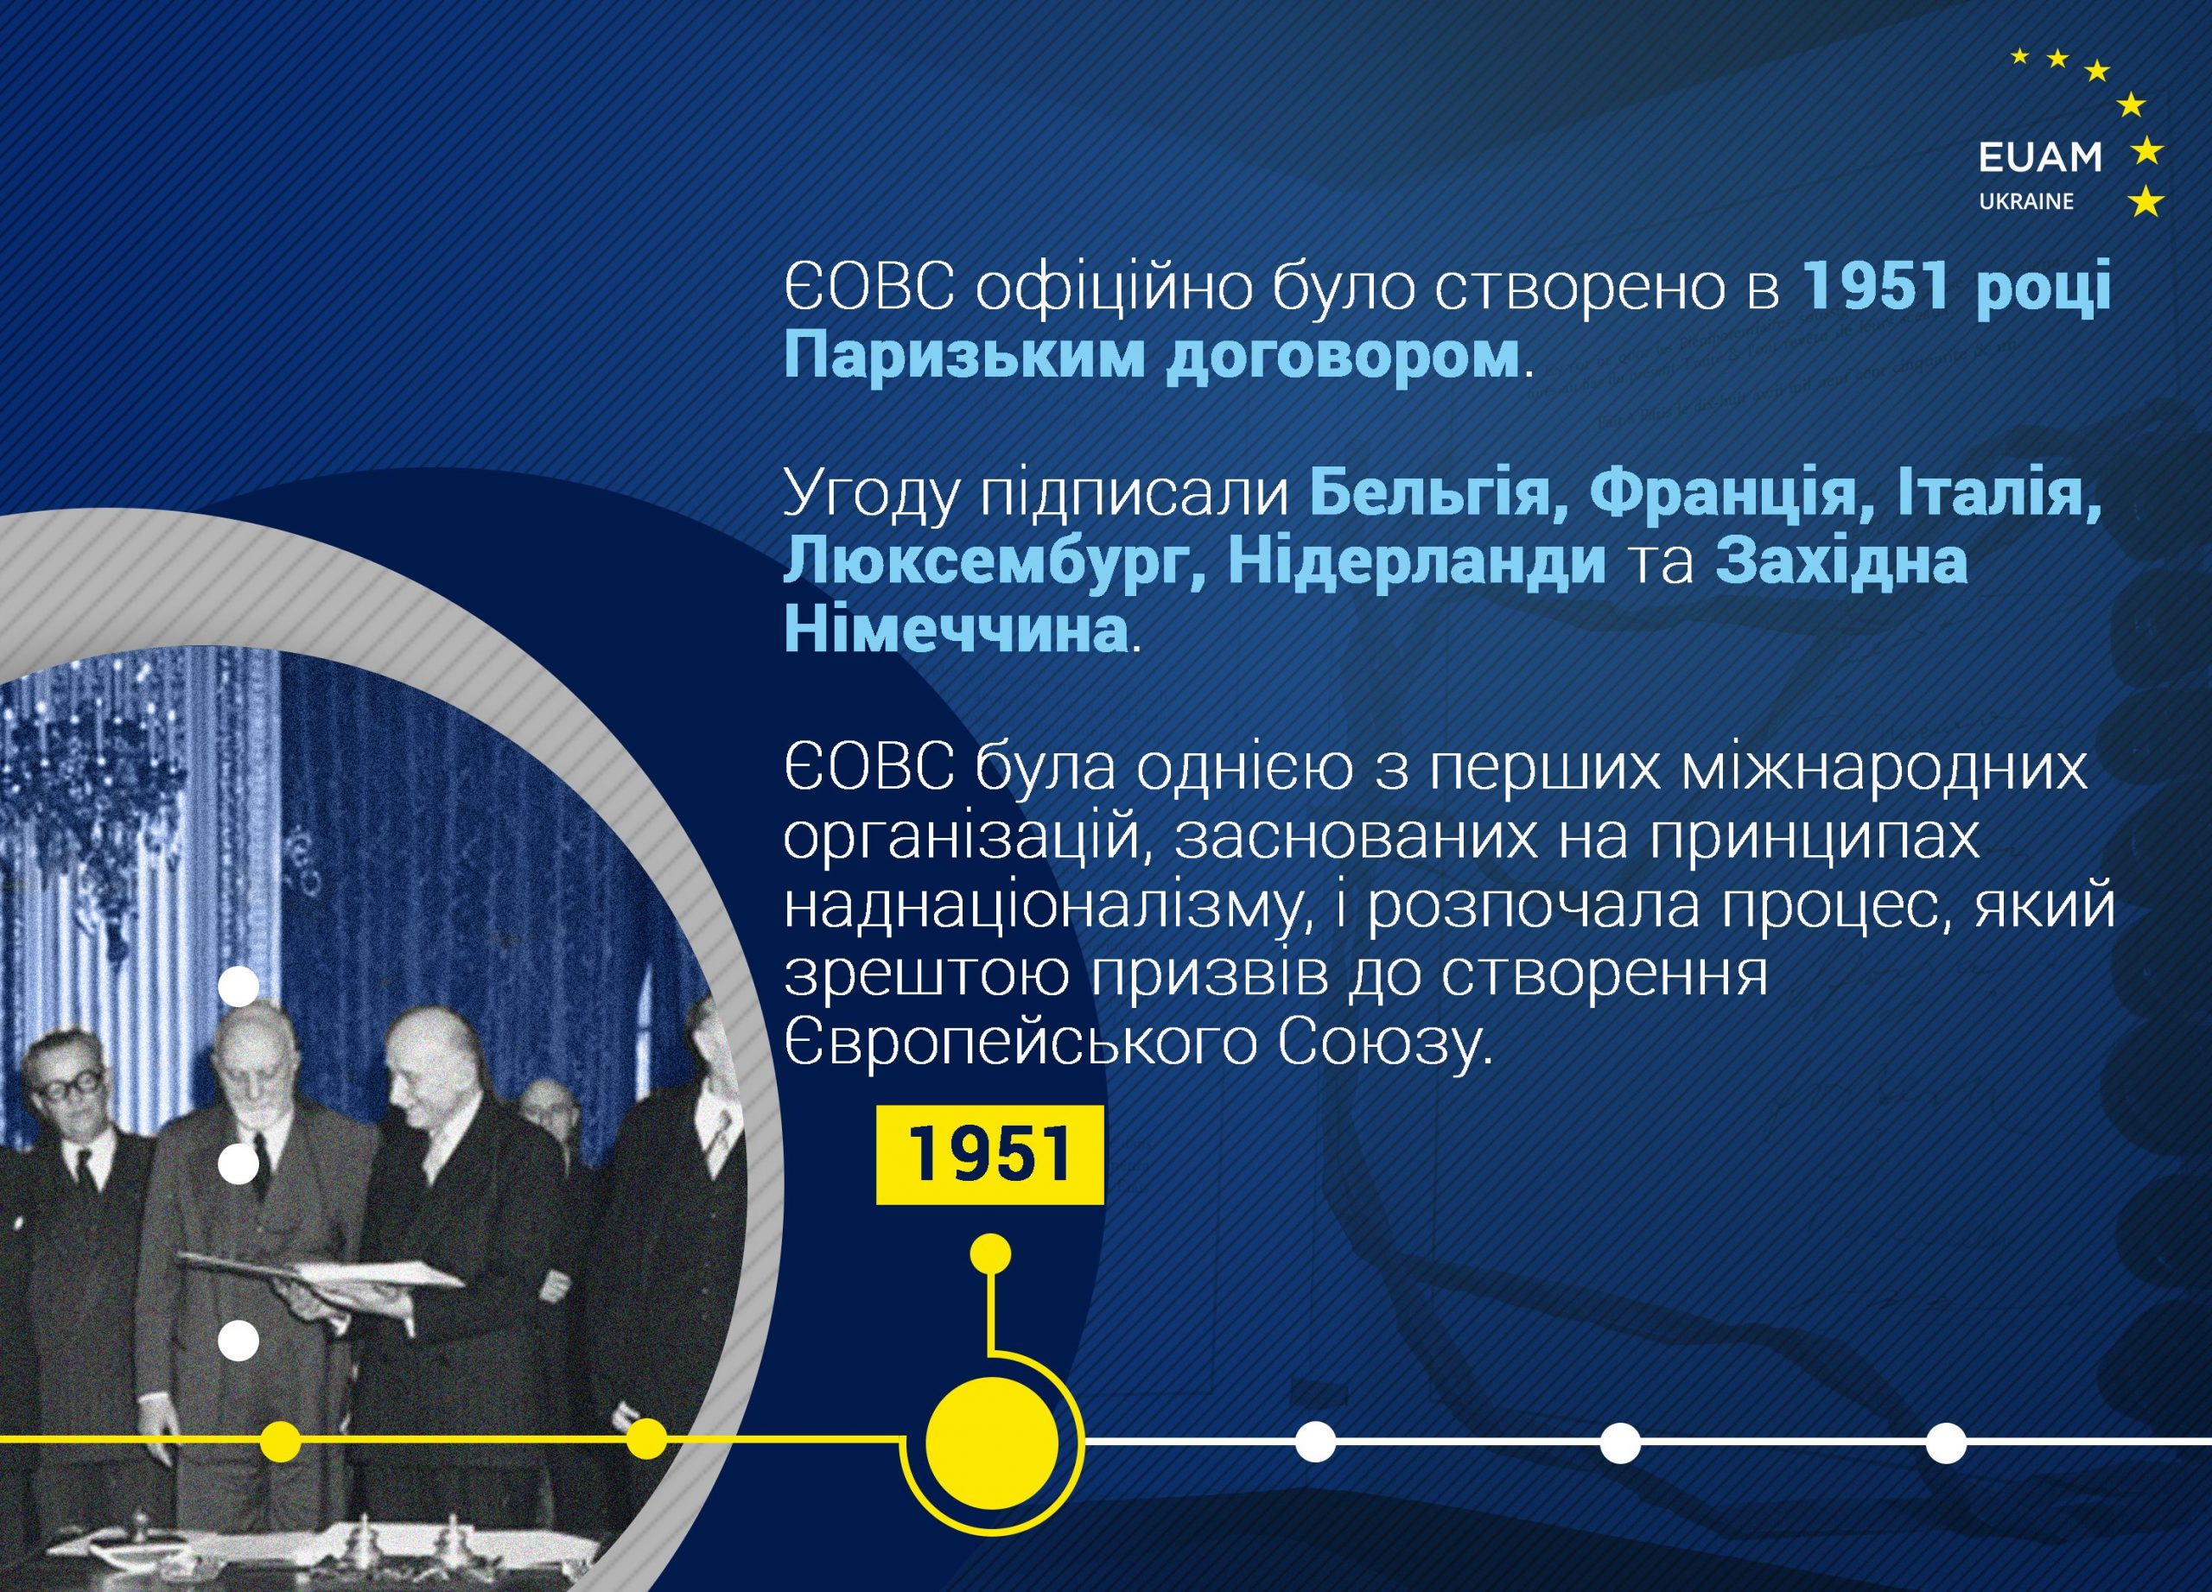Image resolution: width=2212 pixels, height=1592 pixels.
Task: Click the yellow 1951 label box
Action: pyautogui.click(x=990, y=1155)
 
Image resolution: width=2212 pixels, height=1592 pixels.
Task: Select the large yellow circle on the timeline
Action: pyautogui.click(x=991, y=1441)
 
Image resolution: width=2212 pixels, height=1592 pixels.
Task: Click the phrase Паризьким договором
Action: pyautogui.click(x=1152, y=357)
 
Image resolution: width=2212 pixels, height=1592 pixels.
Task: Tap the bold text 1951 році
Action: pyautogui.click(x=1955, y=289)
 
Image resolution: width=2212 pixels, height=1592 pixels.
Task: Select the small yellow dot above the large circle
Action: pyautogui.click(x=992, y=1255)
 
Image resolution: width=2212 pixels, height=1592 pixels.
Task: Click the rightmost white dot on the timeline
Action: pyautogui.click(x=1945, y=1443)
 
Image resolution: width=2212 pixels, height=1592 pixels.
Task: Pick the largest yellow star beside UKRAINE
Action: pyautogui.click(x=2145, y=202)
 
